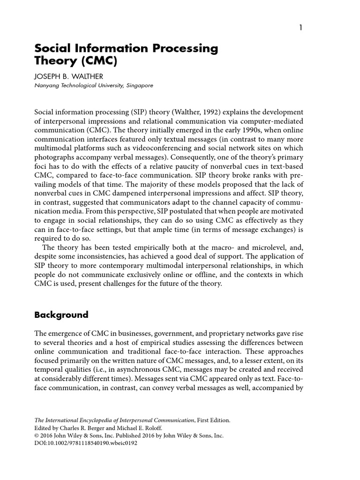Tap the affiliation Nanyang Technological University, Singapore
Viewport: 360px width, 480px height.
(94, 86)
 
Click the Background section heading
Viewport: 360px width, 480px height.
(61, 315)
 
